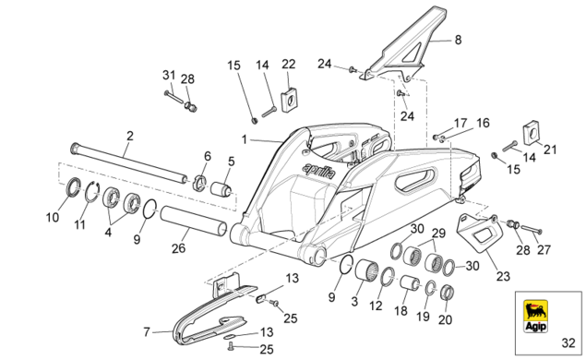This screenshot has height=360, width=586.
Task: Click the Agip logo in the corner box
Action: [535, 316]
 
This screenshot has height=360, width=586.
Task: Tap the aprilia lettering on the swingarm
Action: [319, 171]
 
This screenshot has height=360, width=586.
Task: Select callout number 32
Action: [568, 342]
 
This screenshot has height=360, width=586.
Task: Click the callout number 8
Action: [458, 40]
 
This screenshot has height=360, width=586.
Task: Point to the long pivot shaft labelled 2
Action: [129, 163]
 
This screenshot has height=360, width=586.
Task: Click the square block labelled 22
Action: [289, 100]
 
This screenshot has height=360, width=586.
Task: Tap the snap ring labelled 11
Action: [91, 192]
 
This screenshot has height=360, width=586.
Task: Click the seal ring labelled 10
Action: [73, 186]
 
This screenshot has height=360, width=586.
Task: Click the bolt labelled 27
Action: [531, 229]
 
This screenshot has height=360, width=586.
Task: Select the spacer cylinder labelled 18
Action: [411, 283]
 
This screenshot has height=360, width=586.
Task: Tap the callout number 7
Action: [147, 331]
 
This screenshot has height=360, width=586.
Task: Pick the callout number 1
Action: [244, 139]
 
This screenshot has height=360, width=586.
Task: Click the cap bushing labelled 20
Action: [447, 293]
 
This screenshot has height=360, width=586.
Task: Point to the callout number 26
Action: [178, 248]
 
